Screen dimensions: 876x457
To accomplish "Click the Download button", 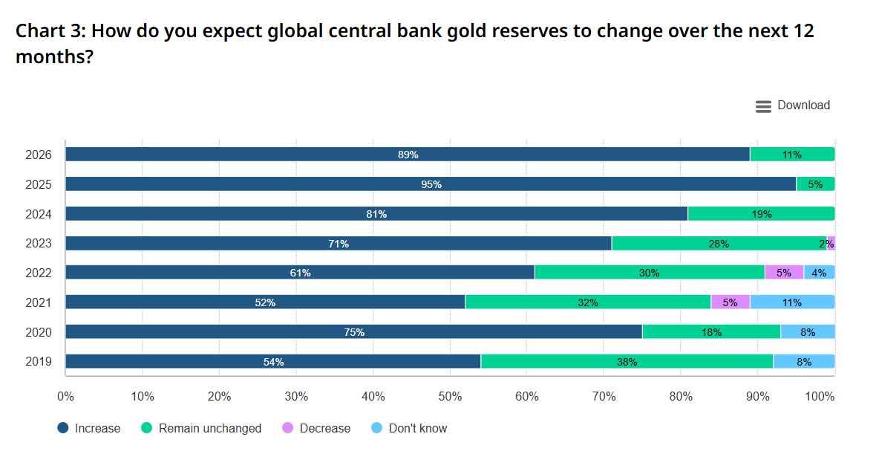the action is pyautogui.click(x=792, y=106).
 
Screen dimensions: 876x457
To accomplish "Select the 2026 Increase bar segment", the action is pyautogui.click(x=408, y=155).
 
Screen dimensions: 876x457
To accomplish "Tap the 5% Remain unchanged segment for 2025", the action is pyautogui.click(x=815, y=184).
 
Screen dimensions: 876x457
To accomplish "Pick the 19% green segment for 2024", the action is pyautogui.click(x=762, y=214).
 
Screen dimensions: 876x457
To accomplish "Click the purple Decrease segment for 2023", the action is pyautogui.click(x=831, y=243).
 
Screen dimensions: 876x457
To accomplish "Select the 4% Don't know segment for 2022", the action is pyautogui.click(x=819, y=273).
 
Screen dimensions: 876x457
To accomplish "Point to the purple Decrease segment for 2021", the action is pyautogui.click(x=730, y=302).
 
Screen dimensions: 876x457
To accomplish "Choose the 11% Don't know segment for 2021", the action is pyautogui.click(x=792, y=302).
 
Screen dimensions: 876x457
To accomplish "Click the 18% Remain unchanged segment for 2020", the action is pyautogui.click(x=711, y=331).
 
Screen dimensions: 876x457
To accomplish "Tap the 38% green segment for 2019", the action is pyautogui.click(x=627, y=361).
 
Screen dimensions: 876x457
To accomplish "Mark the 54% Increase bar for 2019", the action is pyautogui.click(x=273, y=361).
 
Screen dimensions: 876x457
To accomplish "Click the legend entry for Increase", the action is pyautogui.click(x=89, y=429).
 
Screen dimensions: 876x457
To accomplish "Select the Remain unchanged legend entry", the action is pyautogui.click(x=201, y=429).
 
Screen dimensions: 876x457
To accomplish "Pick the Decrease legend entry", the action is pyautogui.click(x=316, y=429).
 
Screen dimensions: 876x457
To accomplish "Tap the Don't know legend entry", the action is pyautogui.click(x=409, y=429).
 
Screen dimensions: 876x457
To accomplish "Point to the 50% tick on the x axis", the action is pyautogui.click(x=451, y=397).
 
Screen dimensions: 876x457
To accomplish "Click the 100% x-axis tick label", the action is pyautogui.click(x=820, y=397).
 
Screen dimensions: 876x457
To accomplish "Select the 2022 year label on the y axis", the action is pyautogui.click(x=39, y=273).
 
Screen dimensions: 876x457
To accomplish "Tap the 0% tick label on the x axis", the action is pyautogui.click(x=65, y=397).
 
